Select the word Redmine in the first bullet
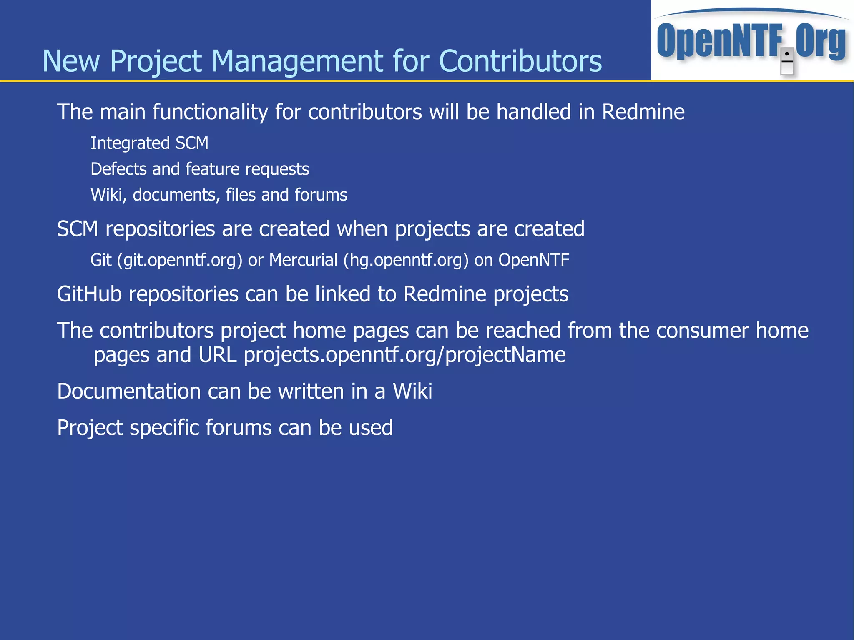643,112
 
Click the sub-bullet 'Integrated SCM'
149,143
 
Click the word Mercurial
303,260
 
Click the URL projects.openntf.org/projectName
404,355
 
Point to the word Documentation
129,392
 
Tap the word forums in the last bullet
238,428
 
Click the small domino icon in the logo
786,61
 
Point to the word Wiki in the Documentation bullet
412,392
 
